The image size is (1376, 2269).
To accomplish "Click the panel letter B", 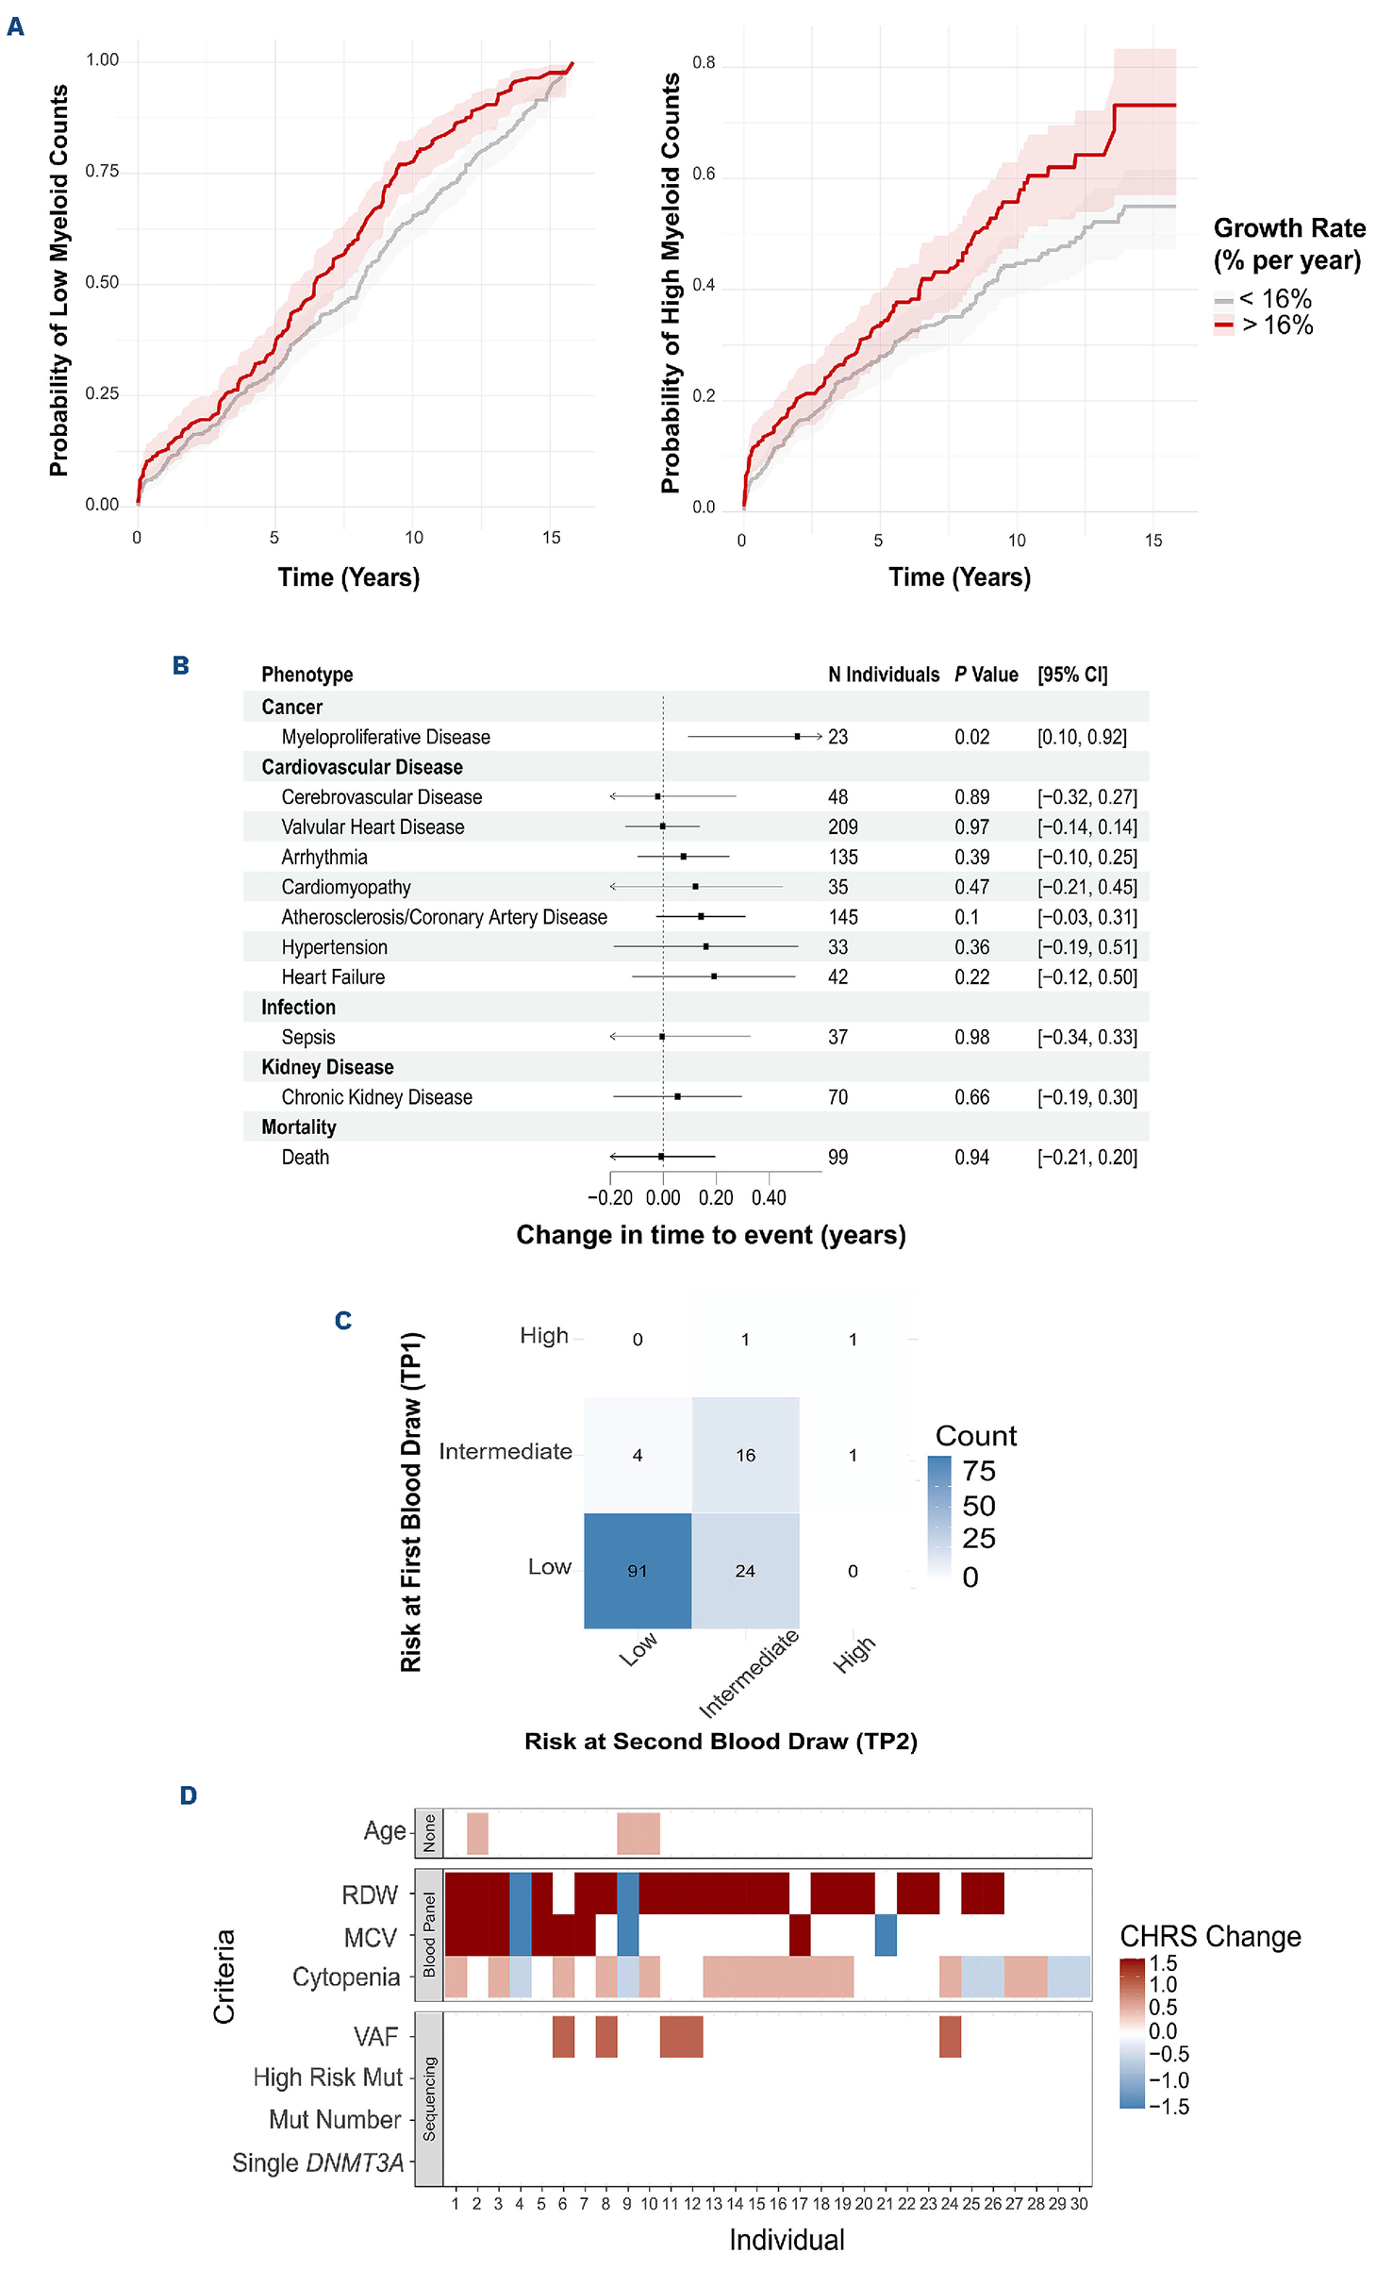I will (x=181, y=666).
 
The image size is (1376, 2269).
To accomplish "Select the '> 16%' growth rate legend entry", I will (x=1276, y=325).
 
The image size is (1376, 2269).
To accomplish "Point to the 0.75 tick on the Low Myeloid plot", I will (x=102, y=171).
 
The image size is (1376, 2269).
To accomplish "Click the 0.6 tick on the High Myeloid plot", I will (x=704, y=174).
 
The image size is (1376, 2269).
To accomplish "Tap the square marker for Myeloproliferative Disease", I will (x=797, y=736).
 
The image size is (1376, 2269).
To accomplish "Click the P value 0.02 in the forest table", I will (x=971, y=737).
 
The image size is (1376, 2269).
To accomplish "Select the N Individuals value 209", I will (x=842, y=827).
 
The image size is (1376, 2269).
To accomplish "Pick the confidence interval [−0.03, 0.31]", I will (x=1086, y=917).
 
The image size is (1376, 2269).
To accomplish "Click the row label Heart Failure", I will (x=333, y=977).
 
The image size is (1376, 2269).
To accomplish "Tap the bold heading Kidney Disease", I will (x=327, y=1067).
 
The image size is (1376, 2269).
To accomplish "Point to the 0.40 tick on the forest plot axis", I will (x=769, y=1197).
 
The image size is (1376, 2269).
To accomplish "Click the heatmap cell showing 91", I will (x=638, y=1571).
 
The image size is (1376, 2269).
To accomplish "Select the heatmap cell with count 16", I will (x=745, y=1455).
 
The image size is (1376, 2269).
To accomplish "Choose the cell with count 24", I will (x=745, y=1571).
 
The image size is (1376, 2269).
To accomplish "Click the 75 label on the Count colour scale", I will (x=979, y=1471).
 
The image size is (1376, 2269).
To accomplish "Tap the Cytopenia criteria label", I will (x=346, y=1977).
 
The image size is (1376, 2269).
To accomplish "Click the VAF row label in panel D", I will (x=375, y=2037).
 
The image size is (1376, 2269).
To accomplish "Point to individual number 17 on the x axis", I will (x=799, y=2204).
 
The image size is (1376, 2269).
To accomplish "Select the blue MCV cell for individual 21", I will (x=886, y=1935).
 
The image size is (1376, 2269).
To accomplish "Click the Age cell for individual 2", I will (x=477, y=1833).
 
